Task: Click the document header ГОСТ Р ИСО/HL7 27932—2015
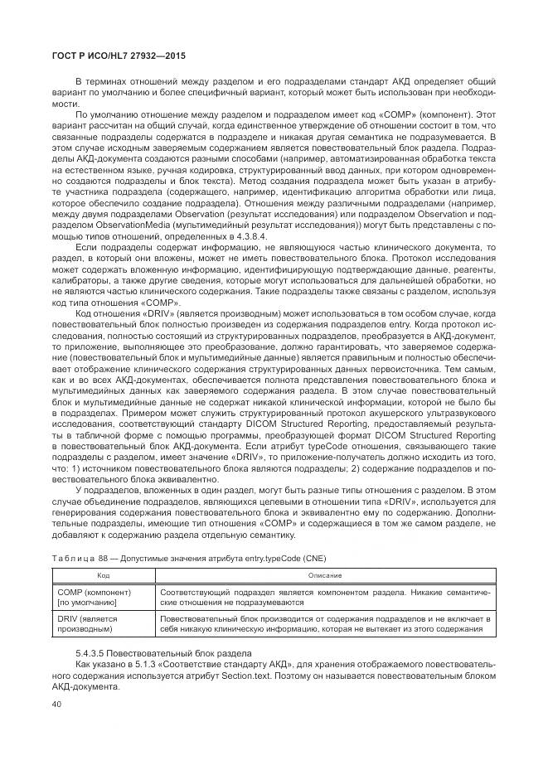(114, 56)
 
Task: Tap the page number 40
(56, 705)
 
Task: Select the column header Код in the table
(103, 574)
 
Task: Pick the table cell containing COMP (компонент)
(93, 593)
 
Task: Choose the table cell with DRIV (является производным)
(87, 624)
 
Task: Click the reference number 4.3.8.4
(252, 236)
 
